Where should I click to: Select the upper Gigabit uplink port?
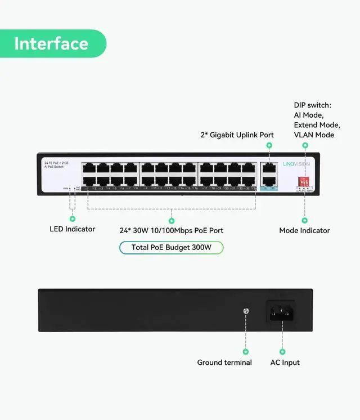click(269, 168)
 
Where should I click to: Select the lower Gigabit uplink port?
click(269, 181)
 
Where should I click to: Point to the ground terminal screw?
click(245, 311)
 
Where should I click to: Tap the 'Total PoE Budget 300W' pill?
click(172, 248)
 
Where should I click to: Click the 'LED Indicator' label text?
click(72, 229)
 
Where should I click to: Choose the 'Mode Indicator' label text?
click(304, 230)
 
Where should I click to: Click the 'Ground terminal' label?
click(224, 363)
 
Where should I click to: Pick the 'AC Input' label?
click(285, 363)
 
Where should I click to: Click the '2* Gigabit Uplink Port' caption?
click(237, 135)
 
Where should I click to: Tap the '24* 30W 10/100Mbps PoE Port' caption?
click(172, 230)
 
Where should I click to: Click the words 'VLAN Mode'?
click(314, 135)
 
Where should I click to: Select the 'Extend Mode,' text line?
click(317, 124)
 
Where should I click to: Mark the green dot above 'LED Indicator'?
click(72, 217)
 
